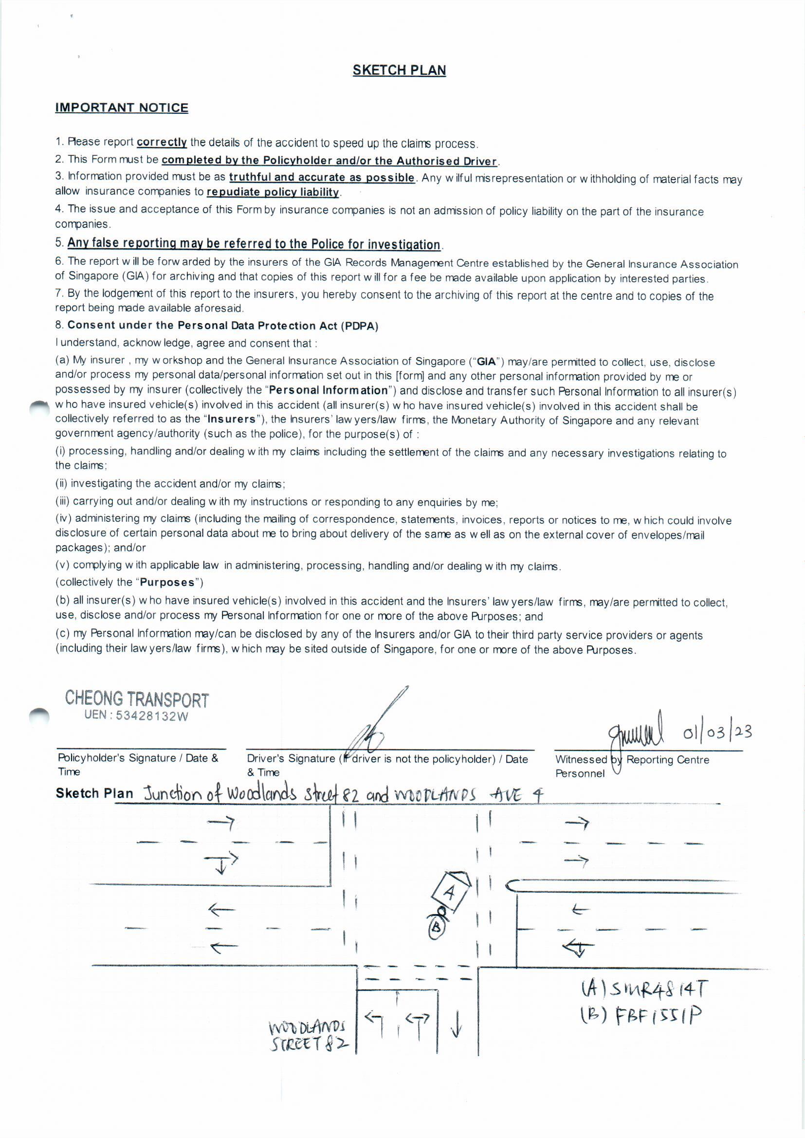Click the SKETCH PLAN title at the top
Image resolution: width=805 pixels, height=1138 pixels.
pos(399,71)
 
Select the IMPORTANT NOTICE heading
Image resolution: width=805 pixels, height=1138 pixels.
pos(122,108)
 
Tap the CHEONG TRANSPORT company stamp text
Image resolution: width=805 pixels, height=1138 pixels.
pos(137,699)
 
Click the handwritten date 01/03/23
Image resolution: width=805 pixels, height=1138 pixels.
pos(717,733)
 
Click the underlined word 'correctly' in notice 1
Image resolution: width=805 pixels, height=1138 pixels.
pos(162,142)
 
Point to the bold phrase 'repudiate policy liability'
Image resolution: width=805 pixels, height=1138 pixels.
pos(273,192)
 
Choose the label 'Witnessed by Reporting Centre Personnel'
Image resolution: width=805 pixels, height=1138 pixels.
pos(632,766)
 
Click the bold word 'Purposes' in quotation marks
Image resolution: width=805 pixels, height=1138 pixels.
pos(166,582)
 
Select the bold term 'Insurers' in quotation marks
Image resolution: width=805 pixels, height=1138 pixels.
pos(232,419)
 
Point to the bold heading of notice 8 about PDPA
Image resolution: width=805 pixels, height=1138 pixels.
pos(222,326)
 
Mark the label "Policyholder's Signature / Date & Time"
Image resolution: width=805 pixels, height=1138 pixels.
pos(138,764)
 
